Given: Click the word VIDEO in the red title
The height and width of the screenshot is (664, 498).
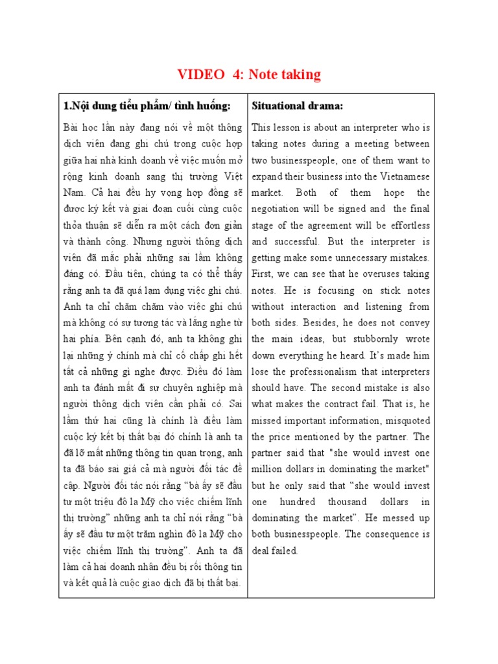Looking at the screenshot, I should (200, 75).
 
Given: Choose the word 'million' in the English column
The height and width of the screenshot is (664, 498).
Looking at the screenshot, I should (267, 469).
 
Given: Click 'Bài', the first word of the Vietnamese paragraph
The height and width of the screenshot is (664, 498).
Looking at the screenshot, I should (72, 127).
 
